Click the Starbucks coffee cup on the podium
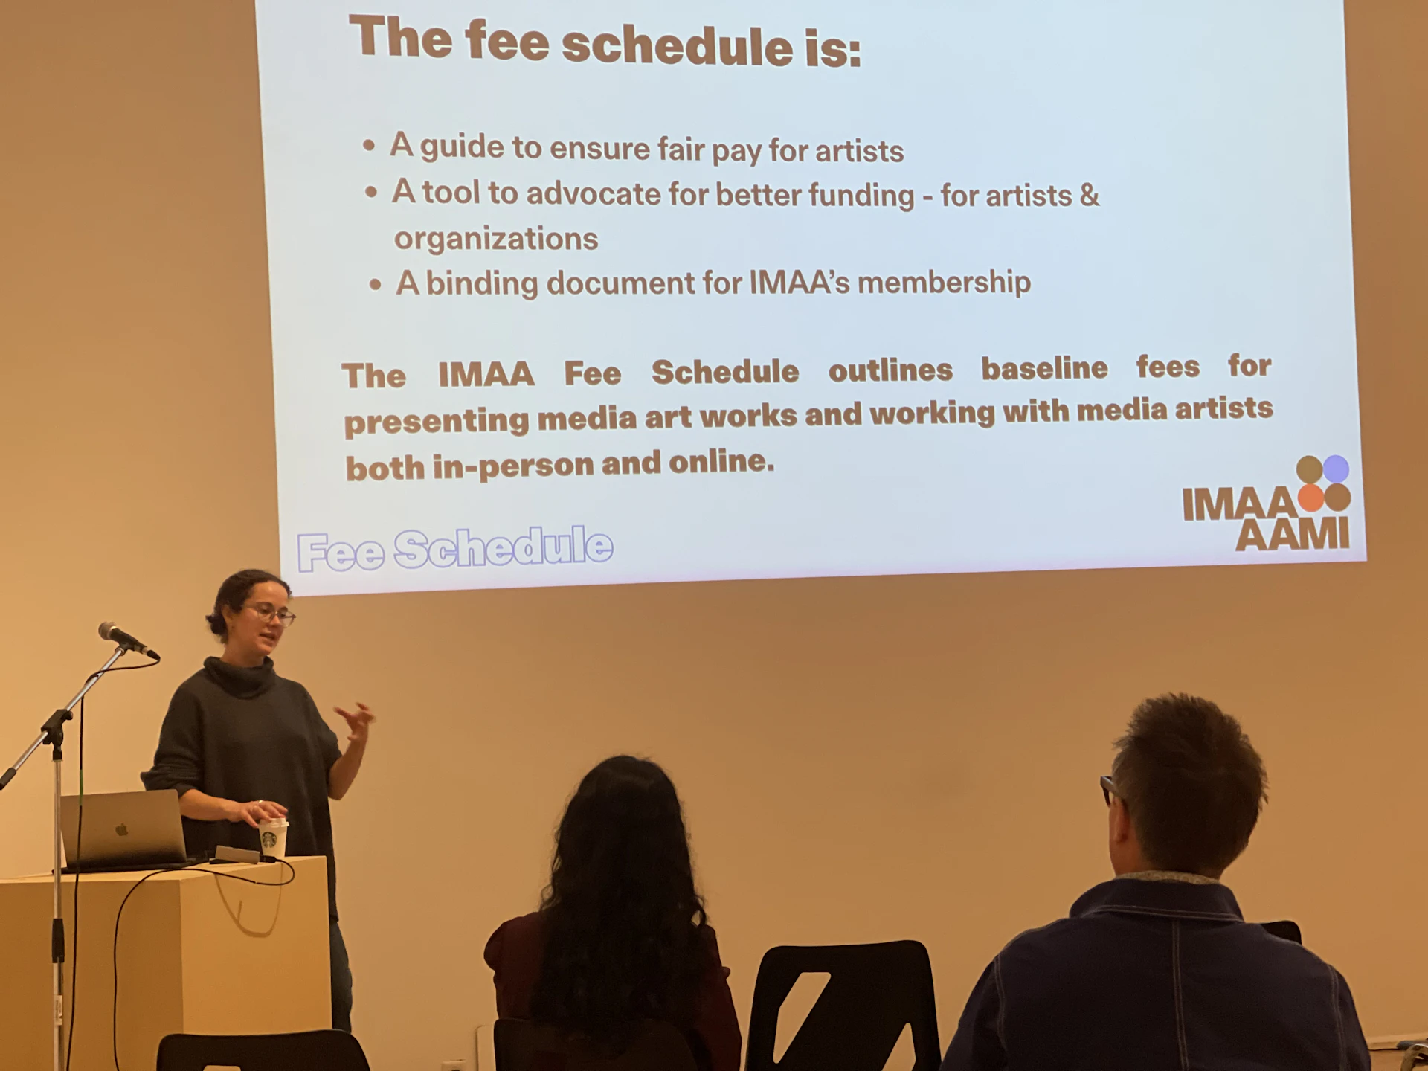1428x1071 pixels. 273,838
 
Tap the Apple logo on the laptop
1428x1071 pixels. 122,829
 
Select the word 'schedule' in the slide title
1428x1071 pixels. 678,45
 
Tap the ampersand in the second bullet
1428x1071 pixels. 1089,196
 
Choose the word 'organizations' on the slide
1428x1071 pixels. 496,239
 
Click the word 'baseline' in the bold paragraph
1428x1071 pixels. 1044,367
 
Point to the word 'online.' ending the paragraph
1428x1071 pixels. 721,463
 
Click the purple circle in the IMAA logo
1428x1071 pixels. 1336,469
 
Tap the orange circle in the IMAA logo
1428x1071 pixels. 1310,498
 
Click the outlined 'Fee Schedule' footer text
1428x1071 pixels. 455,549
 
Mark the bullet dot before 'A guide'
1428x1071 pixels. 369,146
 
